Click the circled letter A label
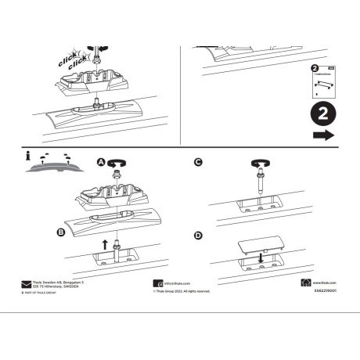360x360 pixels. click(100, 160)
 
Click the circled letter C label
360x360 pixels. click(198, 162)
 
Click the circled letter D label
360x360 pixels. click(198, 235)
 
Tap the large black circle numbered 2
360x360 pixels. click(322, 113)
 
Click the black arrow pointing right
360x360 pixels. click(322, 135)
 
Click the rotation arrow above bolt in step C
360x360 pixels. click(260, 163)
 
